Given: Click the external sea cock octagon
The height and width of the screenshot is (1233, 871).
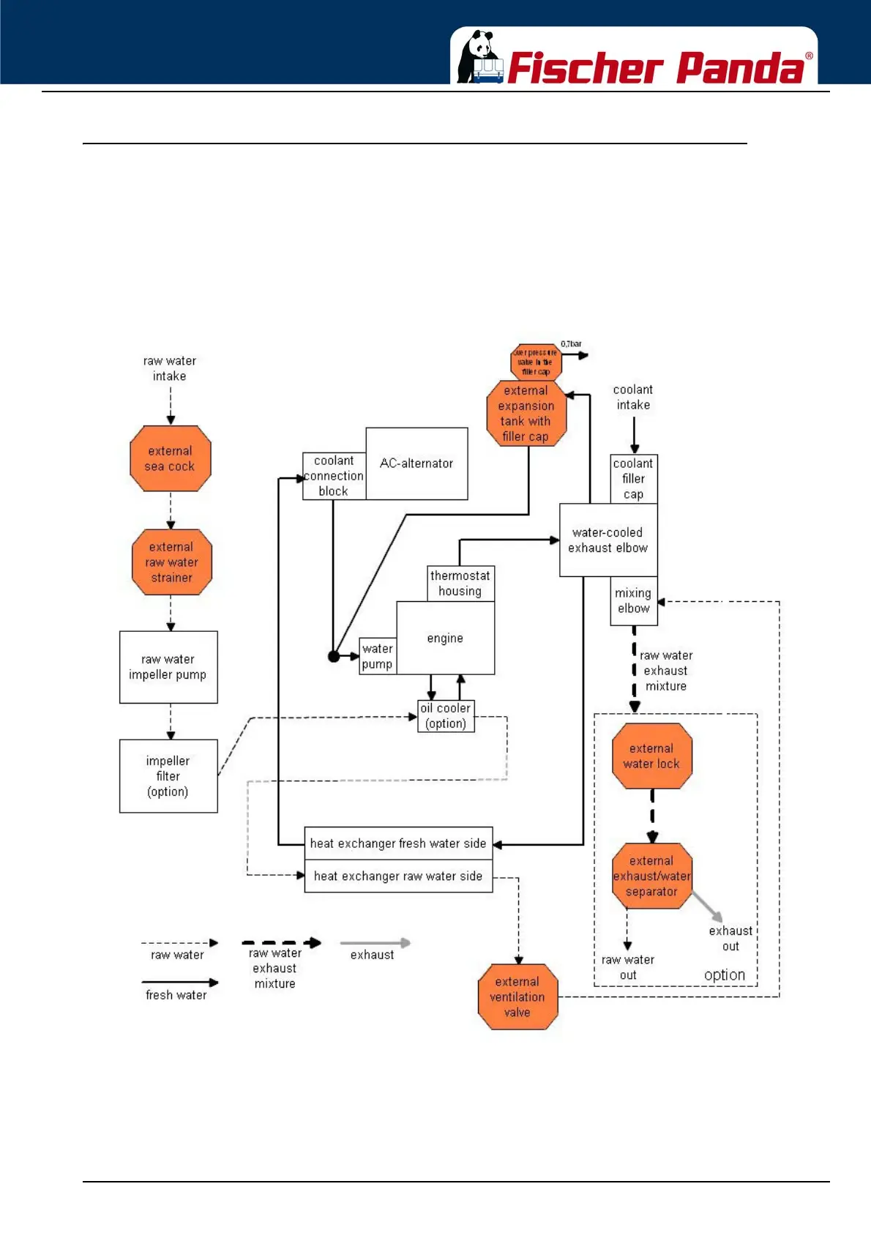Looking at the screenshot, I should (x=171, y=458).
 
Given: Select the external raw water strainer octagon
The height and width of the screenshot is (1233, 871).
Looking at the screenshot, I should (x=172, y=562).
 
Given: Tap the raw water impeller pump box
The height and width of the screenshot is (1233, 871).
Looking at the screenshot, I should (x=168, y=667).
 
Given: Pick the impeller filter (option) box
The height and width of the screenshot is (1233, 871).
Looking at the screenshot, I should (x=168, y=776).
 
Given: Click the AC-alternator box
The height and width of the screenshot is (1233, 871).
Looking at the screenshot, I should (x=416, y=463).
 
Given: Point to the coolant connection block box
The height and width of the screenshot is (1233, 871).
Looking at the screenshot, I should (x=334, y=476).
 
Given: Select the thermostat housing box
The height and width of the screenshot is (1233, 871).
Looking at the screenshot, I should (x=460, y=584).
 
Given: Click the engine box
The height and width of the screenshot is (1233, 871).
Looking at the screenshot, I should (x=446, y=638).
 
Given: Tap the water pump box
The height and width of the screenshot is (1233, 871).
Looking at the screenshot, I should (x=378, y=656).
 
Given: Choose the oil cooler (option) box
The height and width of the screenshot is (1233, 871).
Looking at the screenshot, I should (x=446, y=716).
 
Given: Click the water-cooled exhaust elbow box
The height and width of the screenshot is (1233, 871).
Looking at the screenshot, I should (x=608, y=540).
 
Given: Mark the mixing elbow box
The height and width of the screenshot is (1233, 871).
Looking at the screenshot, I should (x=634, y=601).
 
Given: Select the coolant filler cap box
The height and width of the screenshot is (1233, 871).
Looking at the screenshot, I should (x=634, y=479).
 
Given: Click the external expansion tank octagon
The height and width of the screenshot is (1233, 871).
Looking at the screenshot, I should (x=526, y=414).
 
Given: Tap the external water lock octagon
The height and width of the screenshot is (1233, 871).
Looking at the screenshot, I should (x=652, y=756).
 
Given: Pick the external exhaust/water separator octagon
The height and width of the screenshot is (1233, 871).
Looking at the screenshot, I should (x=652, y=876).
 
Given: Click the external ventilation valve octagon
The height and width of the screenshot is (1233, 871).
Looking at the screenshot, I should (x=517, y=997).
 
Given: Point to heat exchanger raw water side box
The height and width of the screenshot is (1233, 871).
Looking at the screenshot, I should (x=398, y=876).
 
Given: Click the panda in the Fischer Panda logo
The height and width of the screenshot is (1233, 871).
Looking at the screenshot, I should (x=479, y=57).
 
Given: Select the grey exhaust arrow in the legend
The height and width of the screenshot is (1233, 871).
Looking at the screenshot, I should (x=375, y=943).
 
